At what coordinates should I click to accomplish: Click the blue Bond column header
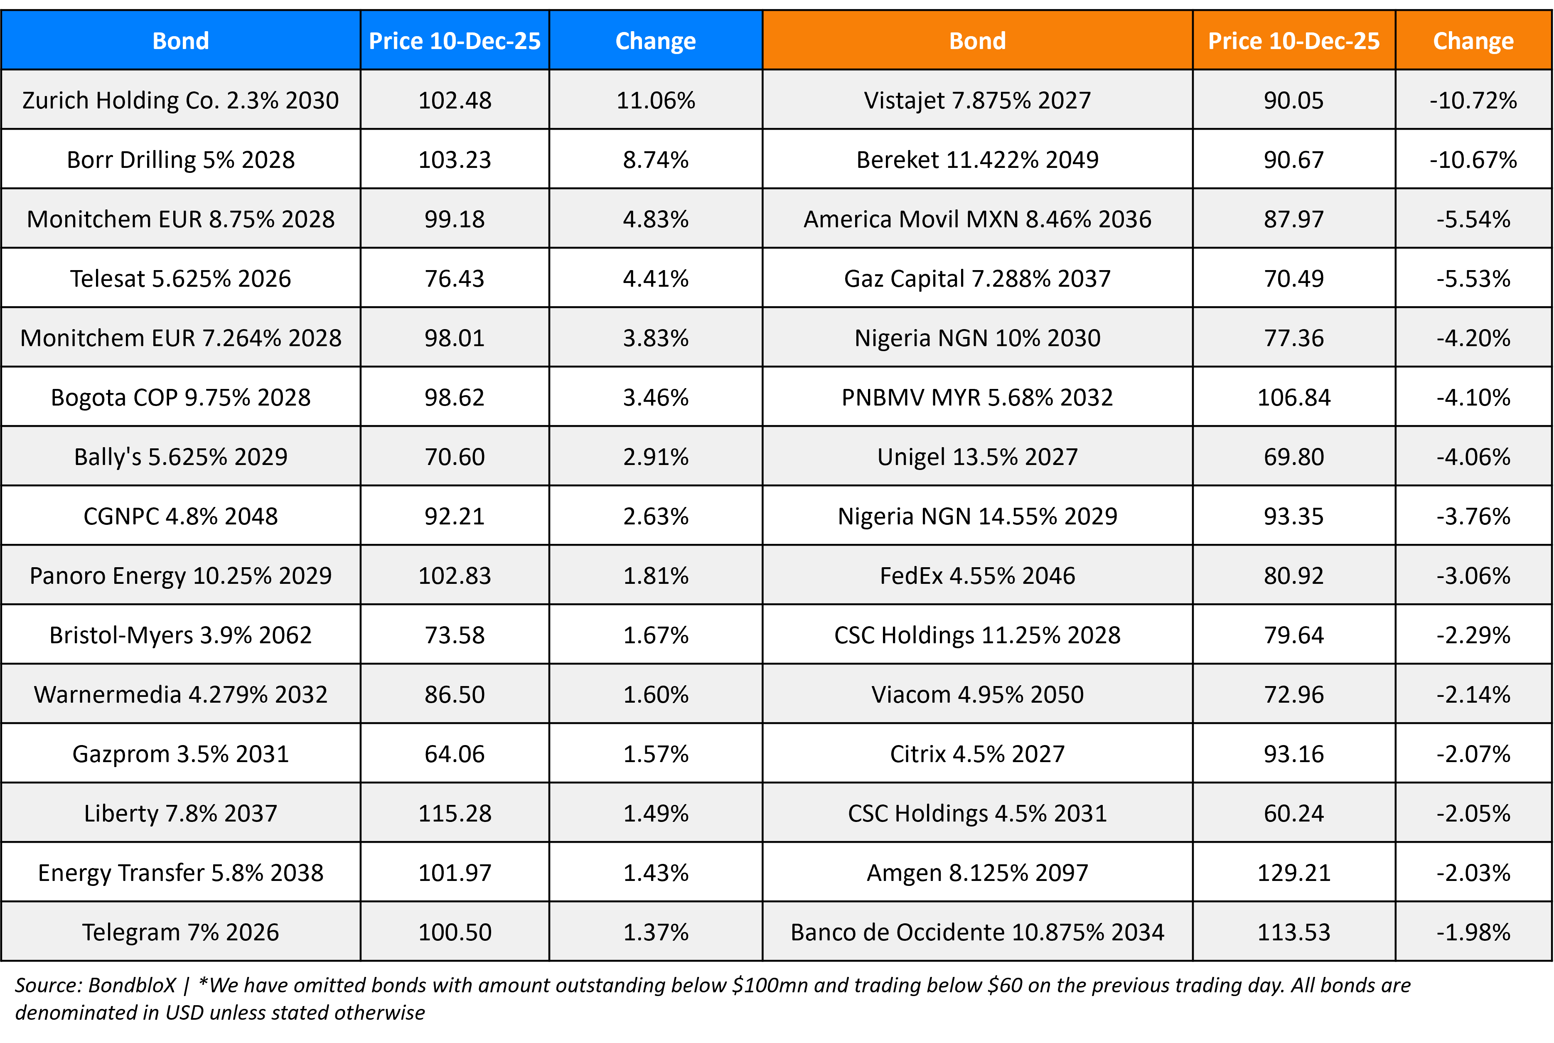click(x=180, y=41)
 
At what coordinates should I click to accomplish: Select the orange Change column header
click(x=1473, y=41)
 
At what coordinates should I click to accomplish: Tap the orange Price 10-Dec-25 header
click(x=1293, y=41)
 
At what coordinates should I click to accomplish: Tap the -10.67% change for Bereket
click(x=1473, y=160)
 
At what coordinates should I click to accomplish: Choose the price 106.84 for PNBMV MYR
click(x=1293, y=397)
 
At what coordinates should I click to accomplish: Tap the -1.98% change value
click(x=1473, y=932)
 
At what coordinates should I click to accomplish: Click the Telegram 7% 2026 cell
click(x=180, y=932)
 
